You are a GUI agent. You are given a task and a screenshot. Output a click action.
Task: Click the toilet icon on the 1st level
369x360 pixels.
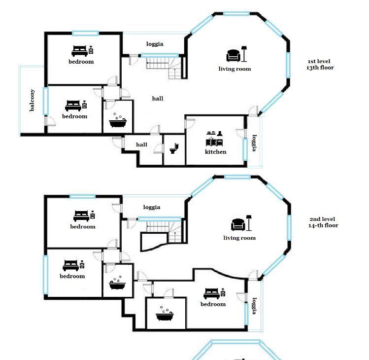174,148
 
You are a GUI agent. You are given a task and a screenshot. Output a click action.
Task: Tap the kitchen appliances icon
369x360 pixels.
214,139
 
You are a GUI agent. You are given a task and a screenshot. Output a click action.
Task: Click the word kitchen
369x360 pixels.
216,152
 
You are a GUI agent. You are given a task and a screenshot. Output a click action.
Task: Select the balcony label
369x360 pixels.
32,100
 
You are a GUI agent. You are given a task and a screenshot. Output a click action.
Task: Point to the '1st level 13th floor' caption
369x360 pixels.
320,65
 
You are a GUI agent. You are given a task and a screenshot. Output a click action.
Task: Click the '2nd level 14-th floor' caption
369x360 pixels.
323,222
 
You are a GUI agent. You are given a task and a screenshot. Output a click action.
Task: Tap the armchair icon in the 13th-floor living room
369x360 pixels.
234,56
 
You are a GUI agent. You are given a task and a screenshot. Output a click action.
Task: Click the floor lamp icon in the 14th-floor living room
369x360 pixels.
249,222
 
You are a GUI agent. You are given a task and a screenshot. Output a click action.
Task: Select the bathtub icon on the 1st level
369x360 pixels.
118,120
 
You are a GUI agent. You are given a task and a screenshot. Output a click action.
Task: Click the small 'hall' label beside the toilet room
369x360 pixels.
142,144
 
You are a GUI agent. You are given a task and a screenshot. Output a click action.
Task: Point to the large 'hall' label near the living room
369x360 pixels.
158,99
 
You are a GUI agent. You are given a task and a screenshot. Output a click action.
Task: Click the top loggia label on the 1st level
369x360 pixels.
155,44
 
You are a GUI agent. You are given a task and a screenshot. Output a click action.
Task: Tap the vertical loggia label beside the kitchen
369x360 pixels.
255,143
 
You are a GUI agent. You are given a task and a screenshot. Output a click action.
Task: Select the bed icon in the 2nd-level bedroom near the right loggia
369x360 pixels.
211,293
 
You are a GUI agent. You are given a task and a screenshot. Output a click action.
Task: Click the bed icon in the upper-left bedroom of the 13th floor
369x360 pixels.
79,51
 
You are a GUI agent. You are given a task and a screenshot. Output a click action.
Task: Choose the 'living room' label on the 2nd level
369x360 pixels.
239,238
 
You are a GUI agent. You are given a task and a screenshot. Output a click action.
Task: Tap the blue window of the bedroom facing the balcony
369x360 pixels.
46,101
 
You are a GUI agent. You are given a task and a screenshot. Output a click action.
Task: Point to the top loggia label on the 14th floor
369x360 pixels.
152,207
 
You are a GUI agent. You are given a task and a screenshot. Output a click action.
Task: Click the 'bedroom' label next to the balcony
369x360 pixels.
74,116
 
